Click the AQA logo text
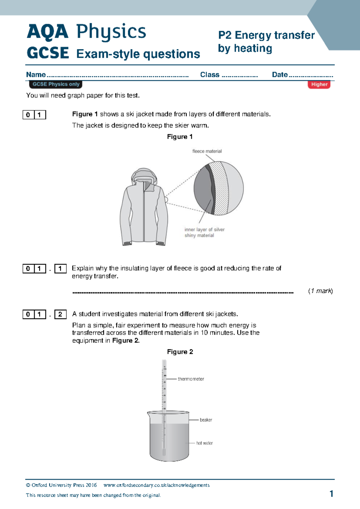click(x=47, y=32)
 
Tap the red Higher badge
click(x=319, y=84)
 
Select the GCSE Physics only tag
click(x=56, y=84)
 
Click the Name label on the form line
click(x=36, y=75)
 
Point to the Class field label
click(x=210, y=75)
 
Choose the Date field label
click(x=280, y=75)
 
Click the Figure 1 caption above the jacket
click(x=180, y=137)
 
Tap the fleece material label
click(x=207, y=151)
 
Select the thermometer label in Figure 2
click(x=191, y=379)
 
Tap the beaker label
click(x=206, y=420)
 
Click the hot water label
click(x=204, y=443)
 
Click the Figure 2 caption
click(x=180, y=352)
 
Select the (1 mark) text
click(x=320, y=291)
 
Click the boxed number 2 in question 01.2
click(x=60, y=314)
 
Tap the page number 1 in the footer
click(x=331, y=494)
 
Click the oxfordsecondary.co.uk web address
click(x=156, y=485)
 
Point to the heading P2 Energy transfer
click(x=266, y=35)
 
